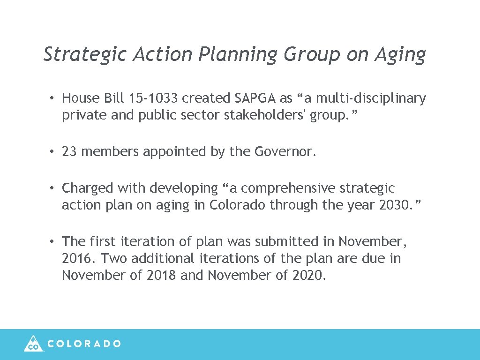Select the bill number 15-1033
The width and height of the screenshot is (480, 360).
(152, 98)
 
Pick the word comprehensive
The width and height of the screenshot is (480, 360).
(288, 188)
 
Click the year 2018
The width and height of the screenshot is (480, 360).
(162, 275)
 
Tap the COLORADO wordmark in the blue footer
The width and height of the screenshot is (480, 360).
(84, 344)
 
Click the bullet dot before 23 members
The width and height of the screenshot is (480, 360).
(54, 152)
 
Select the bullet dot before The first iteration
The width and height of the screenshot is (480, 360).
(54, 242)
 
